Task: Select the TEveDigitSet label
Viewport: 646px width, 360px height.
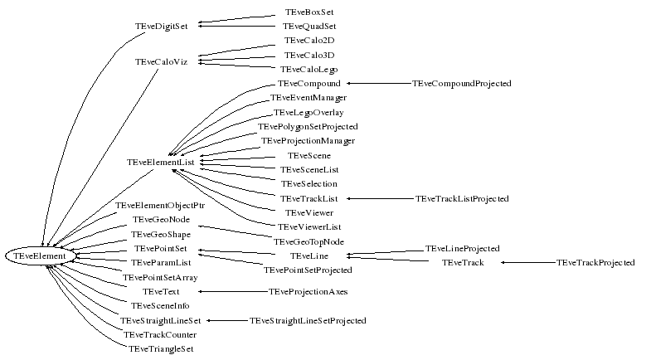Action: tap(161, 26)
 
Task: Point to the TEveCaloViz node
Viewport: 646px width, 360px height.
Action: tap(161, 62)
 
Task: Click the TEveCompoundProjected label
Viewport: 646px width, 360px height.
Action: tap(461, 84)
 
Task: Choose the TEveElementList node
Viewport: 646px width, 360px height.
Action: tap(160, 163)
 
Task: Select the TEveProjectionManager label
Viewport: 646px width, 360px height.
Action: tap(308, 141)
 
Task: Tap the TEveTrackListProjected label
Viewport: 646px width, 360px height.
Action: tap(461, 199)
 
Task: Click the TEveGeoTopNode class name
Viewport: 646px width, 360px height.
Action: tap(308, 241)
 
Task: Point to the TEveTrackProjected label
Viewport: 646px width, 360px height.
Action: tap(595, 263)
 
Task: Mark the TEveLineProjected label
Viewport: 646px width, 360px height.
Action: tap(462, 248)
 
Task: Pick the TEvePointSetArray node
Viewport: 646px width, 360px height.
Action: tap(160, 277)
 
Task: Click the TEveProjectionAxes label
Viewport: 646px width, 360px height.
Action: tap(308, 292)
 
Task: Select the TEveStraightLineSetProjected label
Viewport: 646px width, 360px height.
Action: tap(308, 320)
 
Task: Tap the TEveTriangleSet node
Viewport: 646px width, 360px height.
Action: tap(161, 349)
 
